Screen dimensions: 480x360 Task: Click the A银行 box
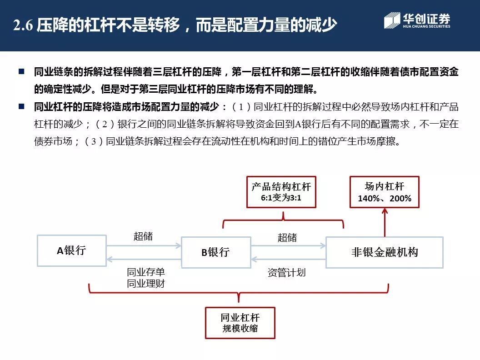click(71, 250)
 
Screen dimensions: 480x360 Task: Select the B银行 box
click(215, 251)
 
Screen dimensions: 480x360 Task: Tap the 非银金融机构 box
click(384, 252)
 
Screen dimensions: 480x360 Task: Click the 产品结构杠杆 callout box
click(281, 192)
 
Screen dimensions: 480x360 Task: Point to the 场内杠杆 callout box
click(384, 192)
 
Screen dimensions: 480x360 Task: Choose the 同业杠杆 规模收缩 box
click(240, 323)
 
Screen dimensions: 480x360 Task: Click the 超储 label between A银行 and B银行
click(143, 236)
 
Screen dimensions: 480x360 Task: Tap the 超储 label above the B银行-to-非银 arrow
click(287, 237)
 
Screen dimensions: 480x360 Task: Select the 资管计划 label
click(286, 273)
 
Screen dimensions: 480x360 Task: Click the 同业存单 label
click(146, 272)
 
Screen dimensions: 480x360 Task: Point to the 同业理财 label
click(146, 284)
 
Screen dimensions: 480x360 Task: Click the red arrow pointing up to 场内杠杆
click(385, 222)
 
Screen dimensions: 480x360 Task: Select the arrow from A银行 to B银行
click(144, 245)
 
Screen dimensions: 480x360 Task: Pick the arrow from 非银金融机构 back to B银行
click(288, 260)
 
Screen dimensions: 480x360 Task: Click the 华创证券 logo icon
click(391, 21)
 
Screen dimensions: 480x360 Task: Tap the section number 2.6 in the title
click(23, 25)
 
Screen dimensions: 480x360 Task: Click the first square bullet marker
click(21, 71)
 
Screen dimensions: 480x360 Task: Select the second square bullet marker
click(21, 107)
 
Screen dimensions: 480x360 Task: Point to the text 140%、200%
click(384, 199)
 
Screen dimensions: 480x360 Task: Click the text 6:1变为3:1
click(281, 199)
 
